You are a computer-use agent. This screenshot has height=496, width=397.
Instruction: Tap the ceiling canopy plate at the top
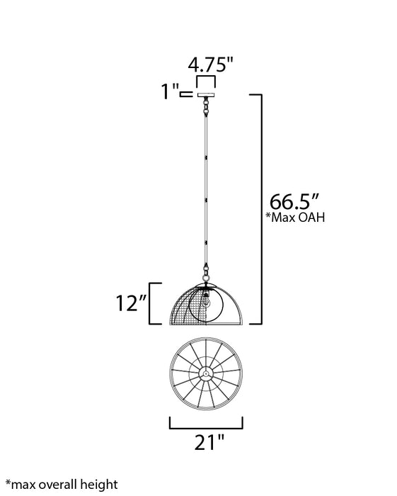pos(205,95)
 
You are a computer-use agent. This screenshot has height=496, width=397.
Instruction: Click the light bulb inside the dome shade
pos(207,299)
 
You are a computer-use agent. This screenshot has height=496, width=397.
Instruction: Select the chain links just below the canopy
pos(205,107)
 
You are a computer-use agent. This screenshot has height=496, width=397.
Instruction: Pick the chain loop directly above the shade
pos(205,271)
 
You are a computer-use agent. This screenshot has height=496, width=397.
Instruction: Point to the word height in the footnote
pos(98,485)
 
